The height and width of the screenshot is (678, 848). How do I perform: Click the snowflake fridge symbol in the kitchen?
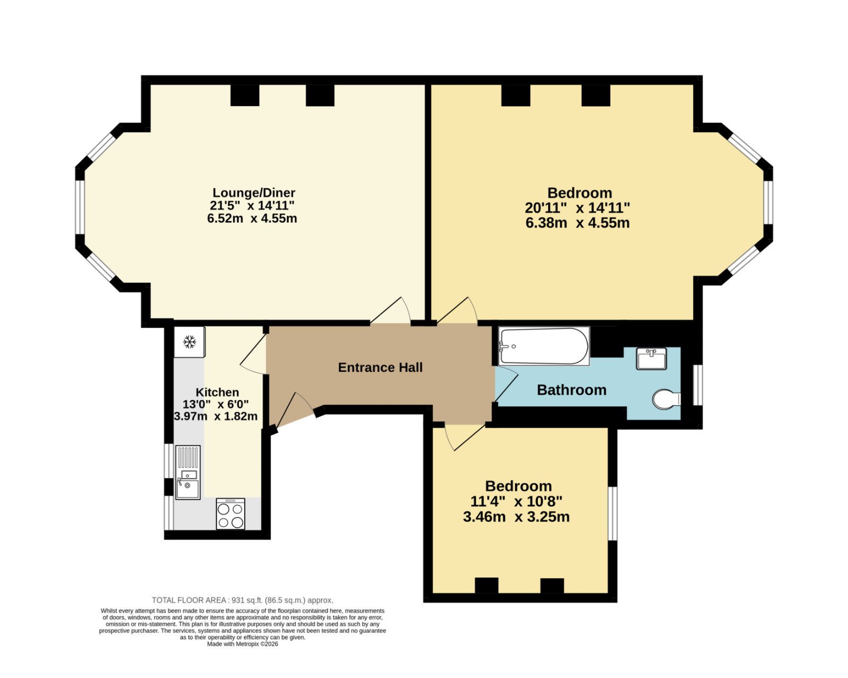tap(190, 342)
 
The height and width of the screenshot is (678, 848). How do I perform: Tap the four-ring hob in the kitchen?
tap(231, 514)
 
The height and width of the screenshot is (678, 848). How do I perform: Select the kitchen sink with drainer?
tap(188, 472)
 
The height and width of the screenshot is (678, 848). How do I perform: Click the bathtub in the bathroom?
tap(544, 346)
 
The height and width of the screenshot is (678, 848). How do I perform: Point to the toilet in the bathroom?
tap(666, 399)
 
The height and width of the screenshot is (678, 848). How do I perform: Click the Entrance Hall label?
tap(380, 368)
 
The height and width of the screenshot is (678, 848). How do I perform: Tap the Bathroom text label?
tap(571, 390)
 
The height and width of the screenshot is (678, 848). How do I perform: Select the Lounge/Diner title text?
tap(254, 193)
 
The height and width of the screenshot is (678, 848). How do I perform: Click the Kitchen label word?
tap(217, 393)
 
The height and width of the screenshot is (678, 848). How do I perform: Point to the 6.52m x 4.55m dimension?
tap(252, 218)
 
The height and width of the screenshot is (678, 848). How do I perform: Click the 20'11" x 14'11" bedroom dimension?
tap(577, 207)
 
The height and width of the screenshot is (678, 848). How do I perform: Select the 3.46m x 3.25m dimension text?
tap(516, 517)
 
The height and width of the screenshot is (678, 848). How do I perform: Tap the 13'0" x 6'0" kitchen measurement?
tap(216, 404)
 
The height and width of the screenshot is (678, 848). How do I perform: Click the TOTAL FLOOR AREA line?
tap(243, 601)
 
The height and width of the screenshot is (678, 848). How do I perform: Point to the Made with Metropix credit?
tap(243, 644)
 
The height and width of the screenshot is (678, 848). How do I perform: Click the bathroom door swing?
tap(506, 384)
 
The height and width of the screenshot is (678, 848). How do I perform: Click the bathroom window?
tap(697, 385)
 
